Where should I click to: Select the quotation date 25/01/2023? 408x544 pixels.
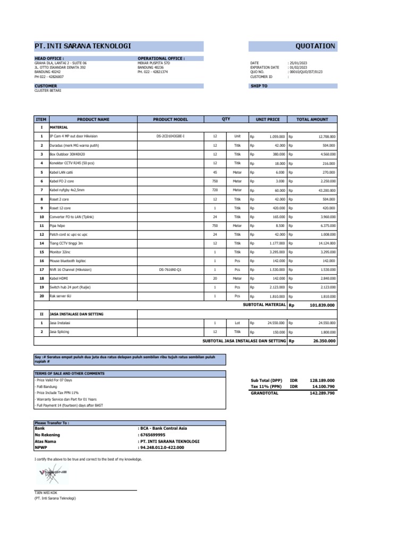(299, 63)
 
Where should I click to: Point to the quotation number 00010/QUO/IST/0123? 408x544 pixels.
(305, 72)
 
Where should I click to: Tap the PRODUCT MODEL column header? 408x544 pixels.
(170, 120)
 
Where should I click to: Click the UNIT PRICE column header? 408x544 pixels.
(268, 120)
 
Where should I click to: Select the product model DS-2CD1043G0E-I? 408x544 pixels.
(170, 137)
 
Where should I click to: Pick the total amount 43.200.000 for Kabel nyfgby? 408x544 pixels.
(325, 190)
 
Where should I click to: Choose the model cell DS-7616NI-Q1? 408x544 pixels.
(170, 270)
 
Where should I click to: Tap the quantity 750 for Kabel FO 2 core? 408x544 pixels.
(215, 181)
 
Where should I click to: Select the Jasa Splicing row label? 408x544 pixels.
(59, 331)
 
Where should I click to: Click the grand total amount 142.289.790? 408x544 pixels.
(322, 393)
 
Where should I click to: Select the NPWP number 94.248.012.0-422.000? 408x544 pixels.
(162, 447)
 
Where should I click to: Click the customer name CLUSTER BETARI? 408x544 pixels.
(48, 90)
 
